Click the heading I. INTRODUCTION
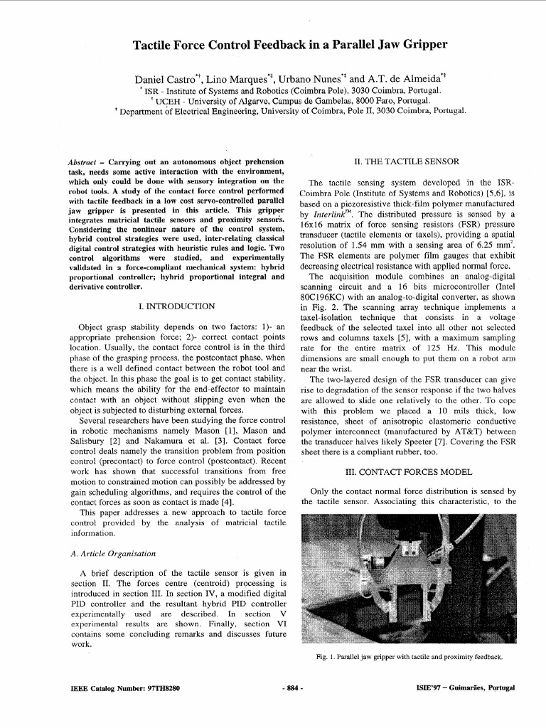pyautogui.click(x=178, y=306)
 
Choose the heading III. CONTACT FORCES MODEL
pyautogui.click(x=408, y=471)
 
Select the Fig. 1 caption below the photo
pyautogui.click(x=409, y=657)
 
